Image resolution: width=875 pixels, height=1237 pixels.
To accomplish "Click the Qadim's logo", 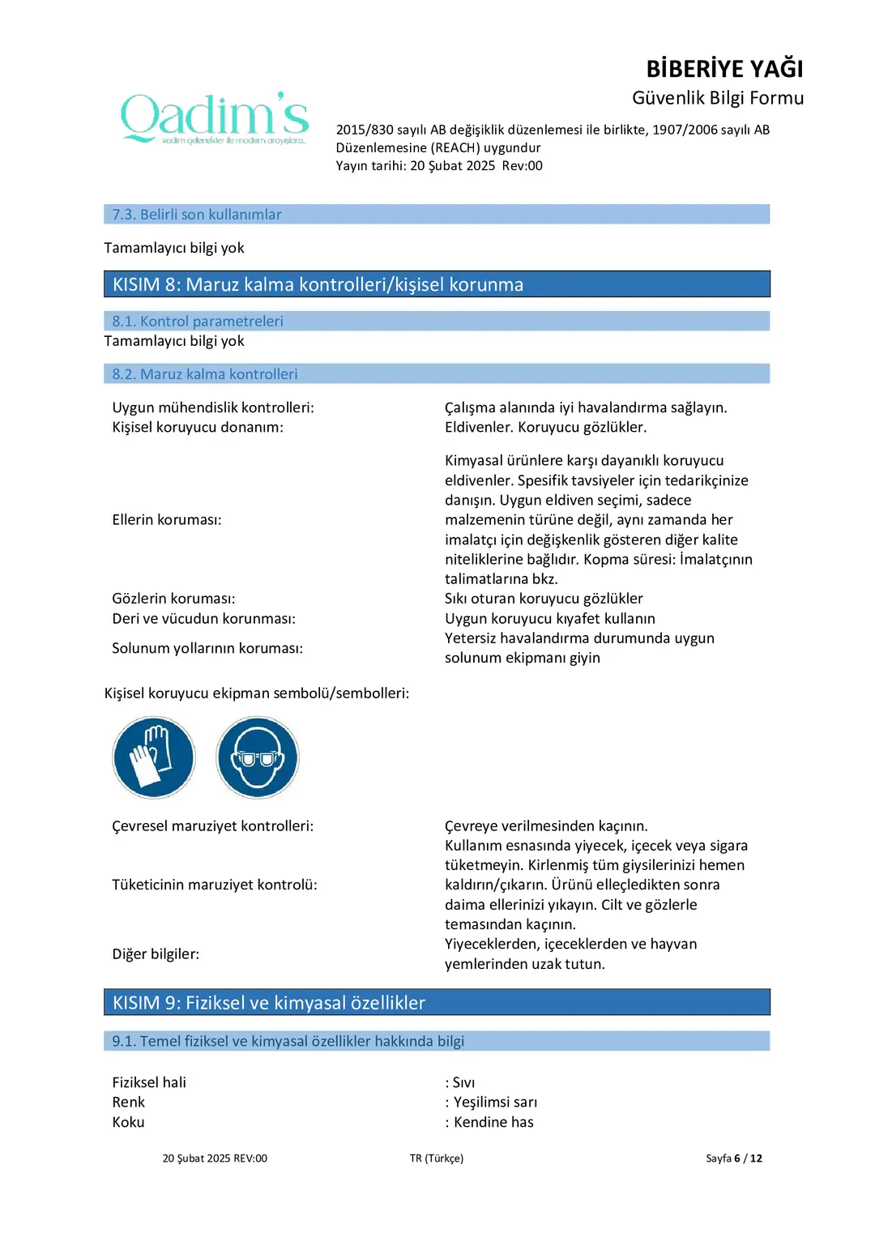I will click(215, 118).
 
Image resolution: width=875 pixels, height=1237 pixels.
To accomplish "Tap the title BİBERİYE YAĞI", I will click(724, 69).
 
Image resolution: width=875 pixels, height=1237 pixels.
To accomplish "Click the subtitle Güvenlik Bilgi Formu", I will click(718, 98).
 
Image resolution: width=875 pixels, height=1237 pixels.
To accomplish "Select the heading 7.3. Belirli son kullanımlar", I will click(197, 215).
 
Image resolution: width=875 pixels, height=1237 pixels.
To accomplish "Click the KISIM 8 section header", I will click(318, 284).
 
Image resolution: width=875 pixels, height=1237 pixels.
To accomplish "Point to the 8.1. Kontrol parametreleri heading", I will click(198, 322).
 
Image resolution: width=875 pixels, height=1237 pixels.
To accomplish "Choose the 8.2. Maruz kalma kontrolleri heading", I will click(205, 374).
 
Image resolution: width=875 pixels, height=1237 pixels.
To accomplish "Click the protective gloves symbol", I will click(154, 757).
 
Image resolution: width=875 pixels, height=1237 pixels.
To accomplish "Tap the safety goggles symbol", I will click(258, 757).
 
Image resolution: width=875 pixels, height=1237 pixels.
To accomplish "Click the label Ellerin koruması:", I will click(167, 520).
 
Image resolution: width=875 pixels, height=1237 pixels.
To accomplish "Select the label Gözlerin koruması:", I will click(173, 599).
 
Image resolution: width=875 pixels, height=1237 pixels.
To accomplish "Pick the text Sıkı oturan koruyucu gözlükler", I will click(544, 599).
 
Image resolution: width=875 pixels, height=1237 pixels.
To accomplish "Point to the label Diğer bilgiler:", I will click(156, 954).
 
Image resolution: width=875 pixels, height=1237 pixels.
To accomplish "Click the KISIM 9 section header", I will click(269, 1003).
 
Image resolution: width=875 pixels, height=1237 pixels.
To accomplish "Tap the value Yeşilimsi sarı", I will click(495, 1103).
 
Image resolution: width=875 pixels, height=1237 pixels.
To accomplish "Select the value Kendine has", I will click(493, 1123).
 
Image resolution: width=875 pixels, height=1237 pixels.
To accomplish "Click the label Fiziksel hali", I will click(149, 1083).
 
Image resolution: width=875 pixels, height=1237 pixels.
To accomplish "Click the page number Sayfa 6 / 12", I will click(734, 1158).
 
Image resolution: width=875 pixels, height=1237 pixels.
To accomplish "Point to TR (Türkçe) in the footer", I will click(437, 1158).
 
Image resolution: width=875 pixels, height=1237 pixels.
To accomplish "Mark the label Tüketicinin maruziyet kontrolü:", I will click(215, 885).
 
